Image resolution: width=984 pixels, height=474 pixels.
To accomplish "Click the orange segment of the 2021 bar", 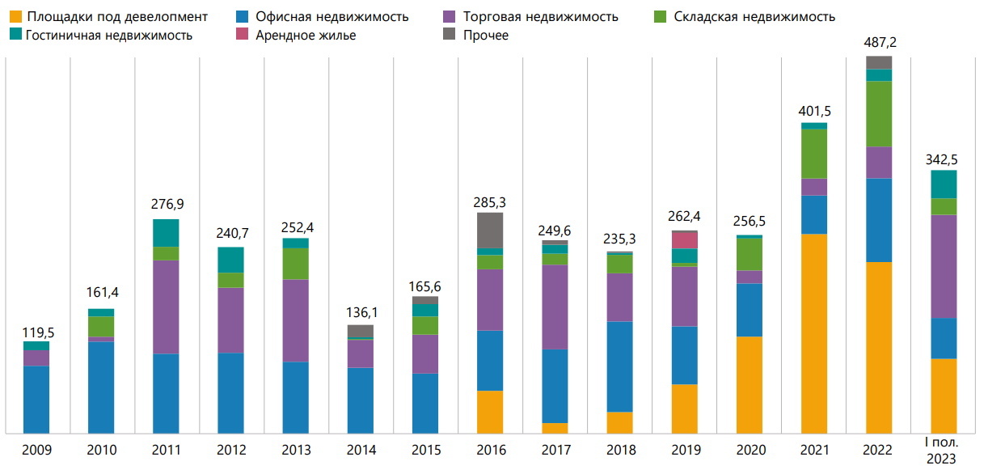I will (814, 333).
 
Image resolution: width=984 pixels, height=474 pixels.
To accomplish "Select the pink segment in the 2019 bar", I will (685, 240).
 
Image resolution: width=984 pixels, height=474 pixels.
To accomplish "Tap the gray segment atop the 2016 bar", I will (490, 230).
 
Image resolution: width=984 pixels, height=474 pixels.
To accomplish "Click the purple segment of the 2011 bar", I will (166, 307).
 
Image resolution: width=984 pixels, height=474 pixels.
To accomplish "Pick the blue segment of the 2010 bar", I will (101, 387).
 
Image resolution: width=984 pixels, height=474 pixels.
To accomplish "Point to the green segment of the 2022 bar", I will (879, 114).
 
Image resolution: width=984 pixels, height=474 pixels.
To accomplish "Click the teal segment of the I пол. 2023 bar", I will (944, 184).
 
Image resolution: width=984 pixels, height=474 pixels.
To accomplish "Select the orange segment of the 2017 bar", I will (555, 428).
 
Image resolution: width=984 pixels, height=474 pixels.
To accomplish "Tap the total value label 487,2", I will (879, 43).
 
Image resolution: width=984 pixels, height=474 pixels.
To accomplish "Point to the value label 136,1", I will (361, 311).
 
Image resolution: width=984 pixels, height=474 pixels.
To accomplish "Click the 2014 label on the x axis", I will (361, 451).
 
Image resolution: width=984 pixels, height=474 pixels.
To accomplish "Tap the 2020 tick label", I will (750, 451).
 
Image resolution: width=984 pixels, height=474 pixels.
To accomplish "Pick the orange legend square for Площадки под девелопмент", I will (15, 16).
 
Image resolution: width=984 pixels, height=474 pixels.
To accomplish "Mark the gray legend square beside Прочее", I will (450, 36).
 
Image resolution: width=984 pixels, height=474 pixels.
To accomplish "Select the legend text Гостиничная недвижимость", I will (109, 36).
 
